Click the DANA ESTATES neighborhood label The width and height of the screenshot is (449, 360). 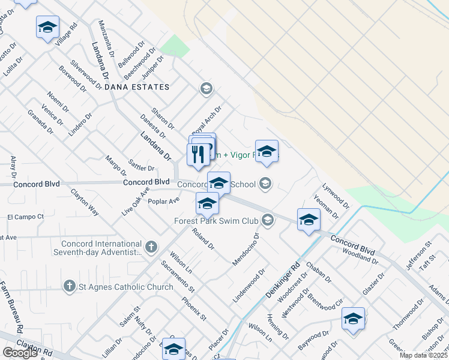(137, 87)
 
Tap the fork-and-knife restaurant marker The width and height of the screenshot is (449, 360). (198, 155)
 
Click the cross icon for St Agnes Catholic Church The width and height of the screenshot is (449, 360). (70, 287)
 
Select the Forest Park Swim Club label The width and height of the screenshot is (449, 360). (216, 221)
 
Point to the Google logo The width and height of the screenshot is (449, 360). (20, 353)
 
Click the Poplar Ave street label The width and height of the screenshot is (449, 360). (166, 200)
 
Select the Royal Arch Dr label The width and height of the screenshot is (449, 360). (206, 120)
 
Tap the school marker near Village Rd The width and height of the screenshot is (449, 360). (47, 27)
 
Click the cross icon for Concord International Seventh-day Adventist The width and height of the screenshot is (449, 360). (151, 246)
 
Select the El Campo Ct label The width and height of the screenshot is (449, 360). (26, 216)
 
